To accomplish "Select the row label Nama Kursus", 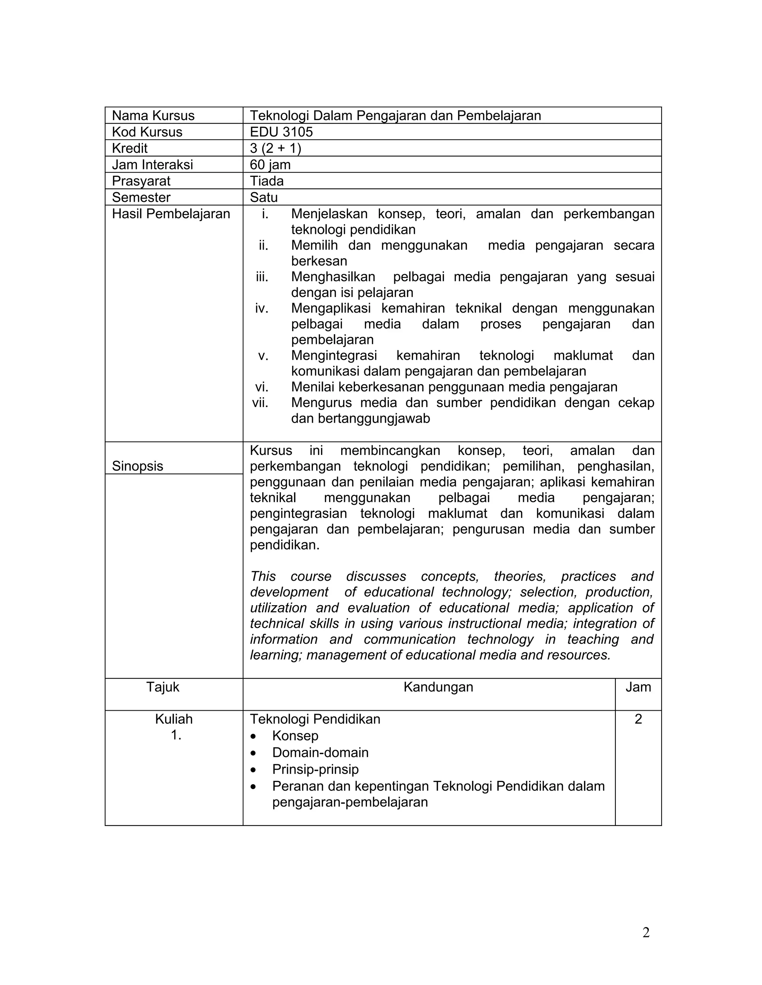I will click(x=153, y=116).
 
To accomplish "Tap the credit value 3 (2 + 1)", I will click(x=275, y=148).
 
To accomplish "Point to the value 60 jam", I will click(x=270, y=165).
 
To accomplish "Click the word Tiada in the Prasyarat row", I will click(x=266, y=181).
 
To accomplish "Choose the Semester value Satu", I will click(x=264, y=197).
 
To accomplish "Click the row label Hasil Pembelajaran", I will click(x=171, y=213).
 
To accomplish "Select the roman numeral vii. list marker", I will click(x=260, y=402).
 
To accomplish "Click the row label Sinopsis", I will click(x=137, y=466).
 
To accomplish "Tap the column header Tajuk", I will click(x=163, y=687).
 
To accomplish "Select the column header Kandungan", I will click(x=438, y=687).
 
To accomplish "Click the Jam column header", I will click(x=638, y=687).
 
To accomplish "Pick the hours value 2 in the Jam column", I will click(x=638, y=719).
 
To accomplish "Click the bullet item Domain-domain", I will click(x=320, y=752).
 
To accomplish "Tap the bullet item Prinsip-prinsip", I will click(x=315, y=769).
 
